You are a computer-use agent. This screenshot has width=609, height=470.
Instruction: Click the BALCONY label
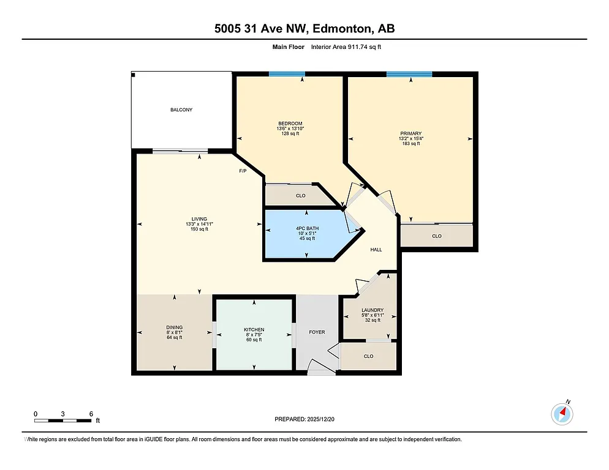click(x=181, y=110)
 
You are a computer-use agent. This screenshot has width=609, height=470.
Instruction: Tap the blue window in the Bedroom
click(x=286, y=74)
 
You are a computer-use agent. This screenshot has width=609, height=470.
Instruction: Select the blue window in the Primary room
click(x=409, y=74)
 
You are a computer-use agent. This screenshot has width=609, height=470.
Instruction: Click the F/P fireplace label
click(x=243, y=171)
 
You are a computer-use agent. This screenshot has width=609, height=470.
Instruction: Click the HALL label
click(x=376, y=250)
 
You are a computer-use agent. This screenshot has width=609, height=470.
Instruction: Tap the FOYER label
click(x=317, y=332)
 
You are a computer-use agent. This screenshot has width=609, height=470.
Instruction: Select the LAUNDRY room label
click(x=372, y=310)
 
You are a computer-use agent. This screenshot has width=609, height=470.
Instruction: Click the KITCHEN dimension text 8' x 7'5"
click(x=254, y=335)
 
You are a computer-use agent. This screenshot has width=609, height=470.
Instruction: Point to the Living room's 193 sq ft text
click(x=199, y=229)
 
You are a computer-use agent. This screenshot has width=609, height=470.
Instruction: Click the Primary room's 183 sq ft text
click(x=411, y=143)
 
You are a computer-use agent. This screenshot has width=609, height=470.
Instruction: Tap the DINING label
click(x=175, y=327)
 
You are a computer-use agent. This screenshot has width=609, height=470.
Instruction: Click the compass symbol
click(x=562, y=414)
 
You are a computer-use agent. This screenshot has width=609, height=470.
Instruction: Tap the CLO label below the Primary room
click(x=437, y=236)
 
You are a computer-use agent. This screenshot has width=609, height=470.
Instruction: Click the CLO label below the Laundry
click(x=368, y=356)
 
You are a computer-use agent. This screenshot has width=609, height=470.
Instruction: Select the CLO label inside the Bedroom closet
click(x=300, y=196)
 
